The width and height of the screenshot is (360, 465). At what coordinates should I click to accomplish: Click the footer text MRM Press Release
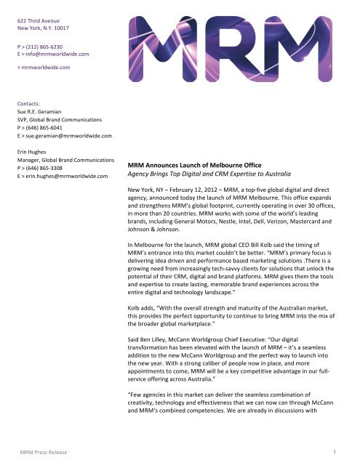point(44,452)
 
